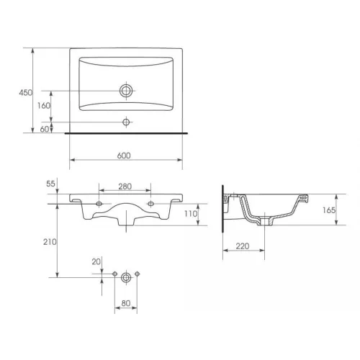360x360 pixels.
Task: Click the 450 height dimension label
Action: [25, 93]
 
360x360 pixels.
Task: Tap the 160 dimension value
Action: [44, 106]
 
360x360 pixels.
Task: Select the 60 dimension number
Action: [45, 129]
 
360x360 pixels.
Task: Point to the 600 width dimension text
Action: [124, 156]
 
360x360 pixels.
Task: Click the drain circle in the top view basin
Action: [126, 91]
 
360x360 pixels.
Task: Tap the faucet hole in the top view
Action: [126, 122]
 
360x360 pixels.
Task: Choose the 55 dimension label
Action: [50, 184]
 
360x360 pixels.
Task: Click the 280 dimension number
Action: [125, 186]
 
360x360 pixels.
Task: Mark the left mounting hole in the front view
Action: [99, 204]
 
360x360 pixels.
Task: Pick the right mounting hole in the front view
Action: [150, 204]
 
